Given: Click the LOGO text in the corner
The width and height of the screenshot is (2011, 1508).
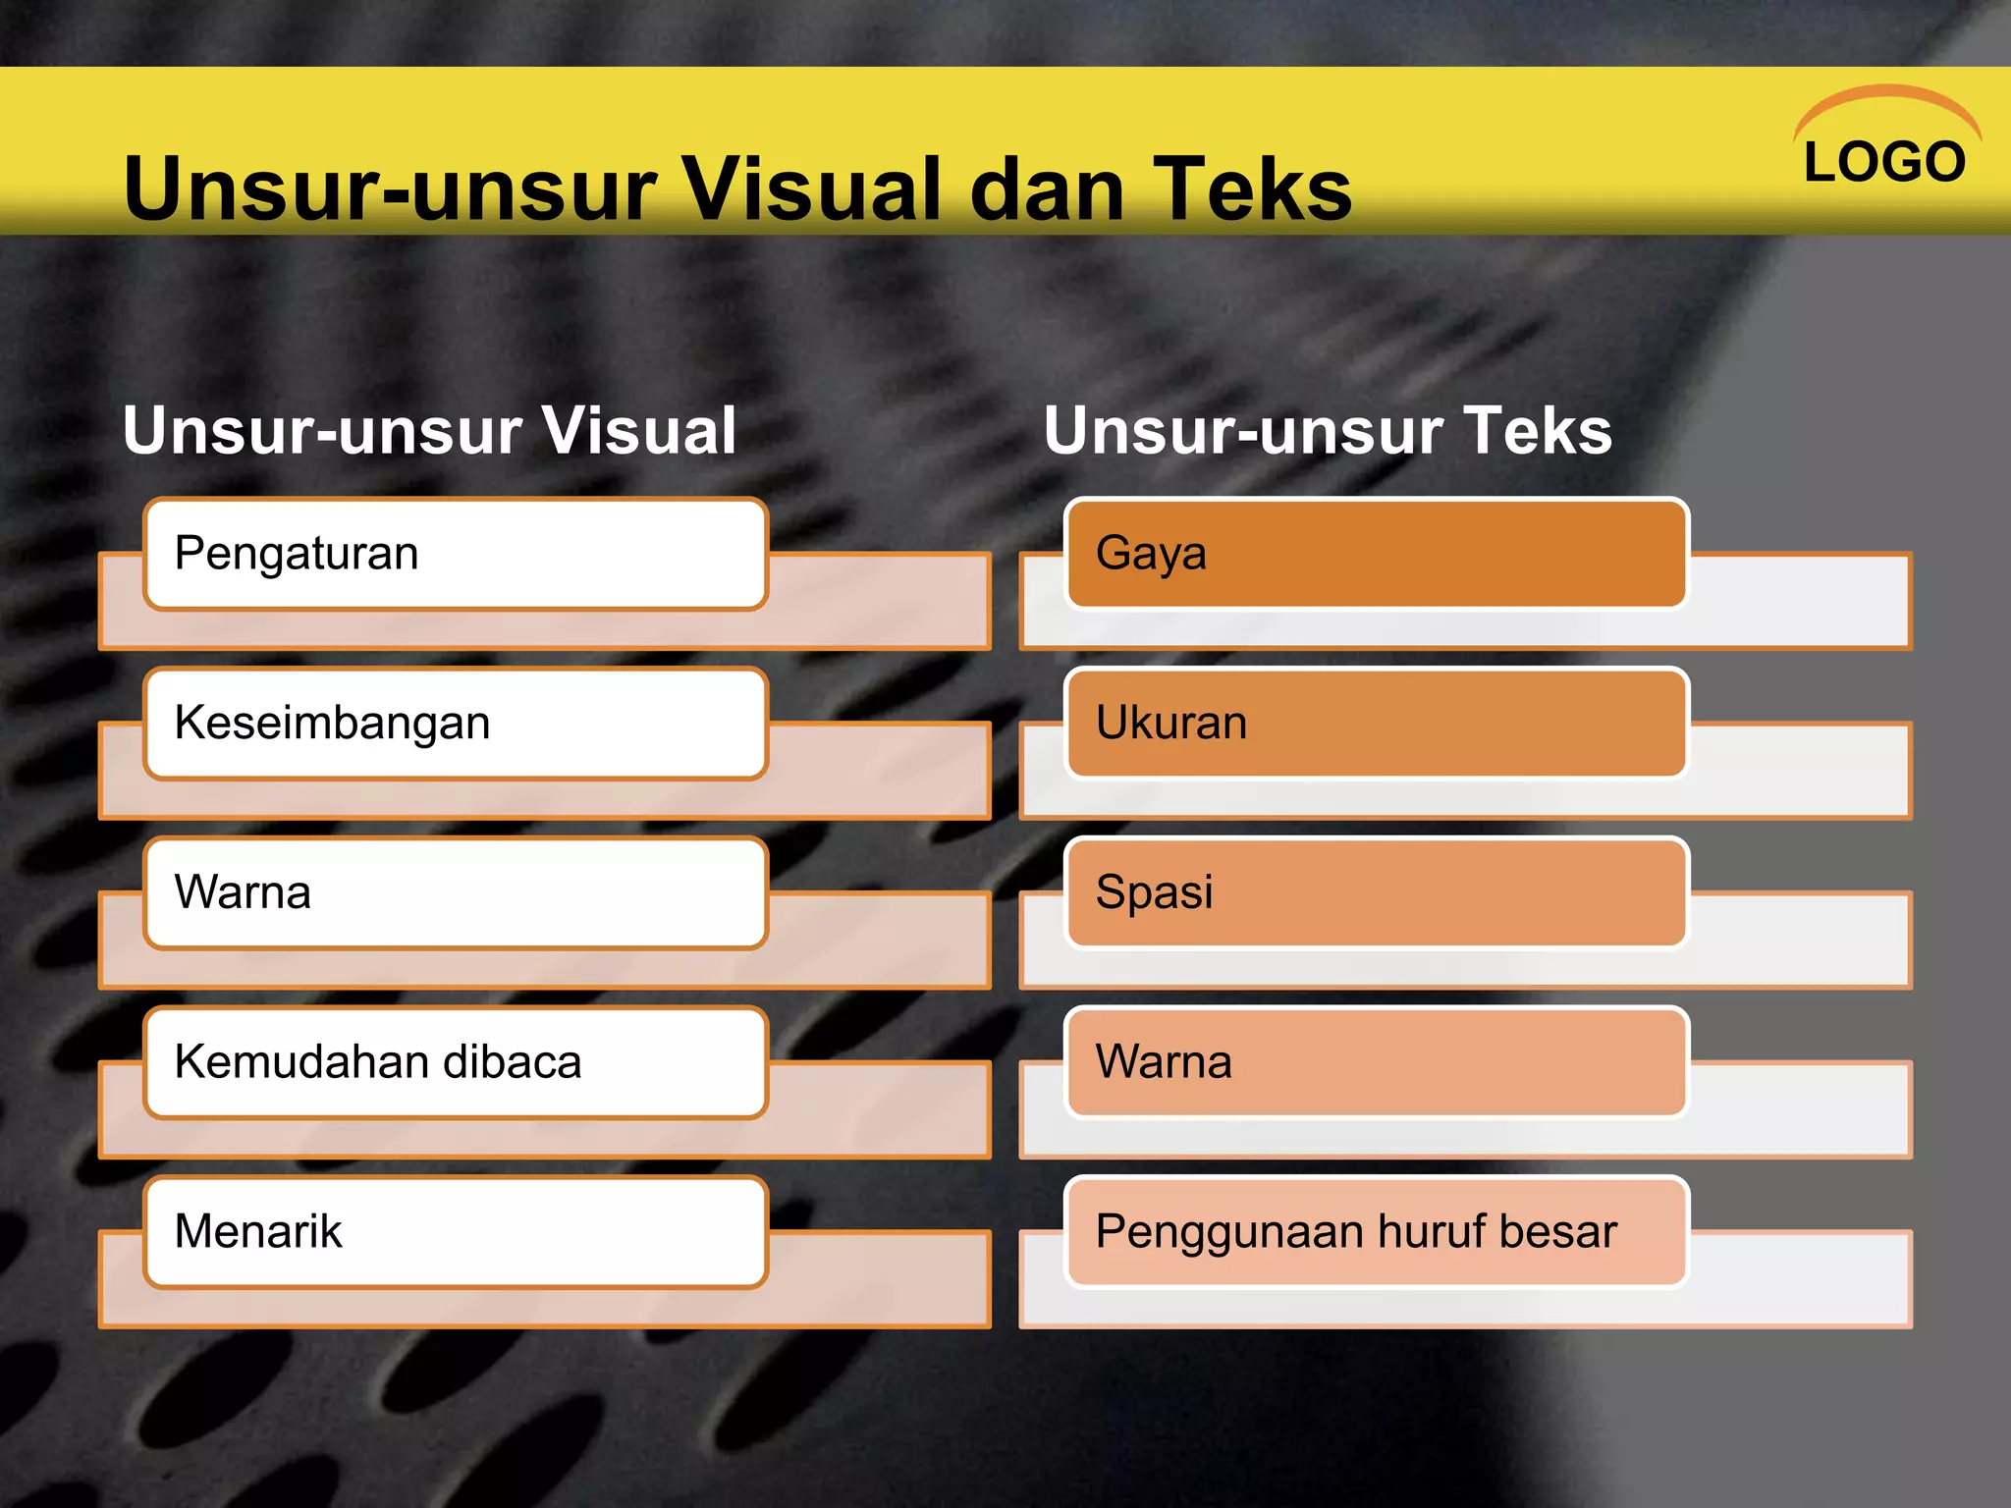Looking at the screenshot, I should coord(1884,162).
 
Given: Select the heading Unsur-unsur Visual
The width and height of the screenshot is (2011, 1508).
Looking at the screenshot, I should coord(429,431).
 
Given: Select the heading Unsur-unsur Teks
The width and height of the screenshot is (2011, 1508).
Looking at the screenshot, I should coord(1328,431).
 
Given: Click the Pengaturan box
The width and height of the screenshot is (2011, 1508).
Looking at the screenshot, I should coord(456,554).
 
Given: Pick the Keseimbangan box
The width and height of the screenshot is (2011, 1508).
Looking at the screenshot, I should coord(456,724).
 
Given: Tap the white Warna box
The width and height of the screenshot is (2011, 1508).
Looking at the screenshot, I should coord(456,893).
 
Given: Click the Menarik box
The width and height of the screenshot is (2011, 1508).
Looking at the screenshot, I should coord(456,1232).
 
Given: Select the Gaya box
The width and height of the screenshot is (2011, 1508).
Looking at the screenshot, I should coord(1377,554).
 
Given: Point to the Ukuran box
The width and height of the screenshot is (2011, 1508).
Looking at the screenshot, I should coord(1377,724).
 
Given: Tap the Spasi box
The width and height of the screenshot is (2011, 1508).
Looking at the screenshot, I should coord(1377,893).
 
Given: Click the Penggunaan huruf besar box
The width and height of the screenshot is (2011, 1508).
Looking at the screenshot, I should coord(1377,1232).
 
